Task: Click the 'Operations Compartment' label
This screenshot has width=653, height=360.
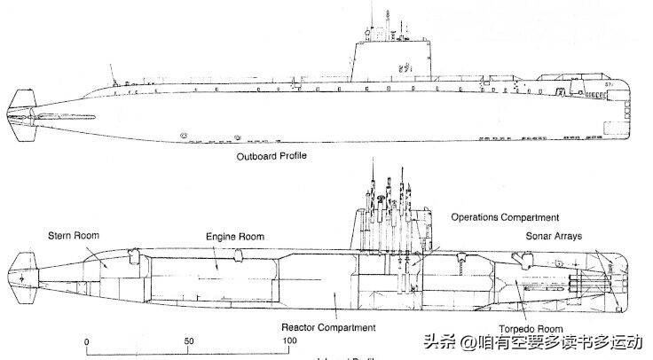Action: tap(505, 217)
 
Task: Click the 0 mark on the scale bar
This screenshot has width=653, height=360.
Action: tap(86, 340)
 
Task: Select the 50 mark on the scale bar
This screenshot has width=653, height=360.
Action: tap(189, 340)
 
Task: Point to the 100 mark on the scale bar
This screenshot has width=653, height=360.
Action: tap(290, 340)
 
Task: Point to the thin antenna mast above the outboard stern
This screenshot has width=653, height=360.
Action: tap(111, 71)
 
